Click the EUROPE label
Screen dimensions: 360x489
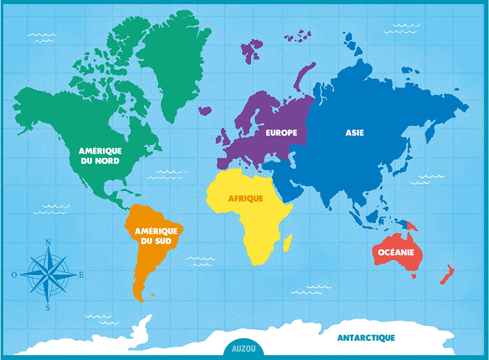click(x=281, y=133)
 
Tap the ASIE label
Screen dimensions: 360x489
click(x=355, y=133)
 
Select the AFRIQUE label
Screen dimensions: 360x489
click(x=245, y=199)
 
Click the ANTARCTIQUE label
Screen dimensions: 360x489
click(x=366, y=337)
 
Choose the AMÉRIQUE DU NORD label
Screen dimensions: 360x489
click(x=100, y=156)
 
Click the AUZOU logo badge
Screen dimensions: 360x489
click(x=243, y=349)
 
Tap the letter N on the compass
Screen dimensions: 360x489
click(x=48, y=242)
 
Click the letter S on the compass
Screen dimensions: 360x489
click(x=48, y=307)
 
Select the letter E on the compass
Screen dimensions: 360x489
click(x=81, y=275)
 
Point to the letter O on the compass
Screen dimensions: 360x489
click(x=15, y=275)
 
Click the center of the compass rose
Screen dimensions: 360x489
click(x=48, y=274)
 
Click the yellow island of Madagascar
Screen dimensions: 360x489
click(x=288, y=243)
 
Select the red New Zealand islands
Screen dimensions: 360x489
click(x=447, y=275)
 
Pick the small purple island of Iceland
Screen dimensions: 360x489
click(x=205, y=111)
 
